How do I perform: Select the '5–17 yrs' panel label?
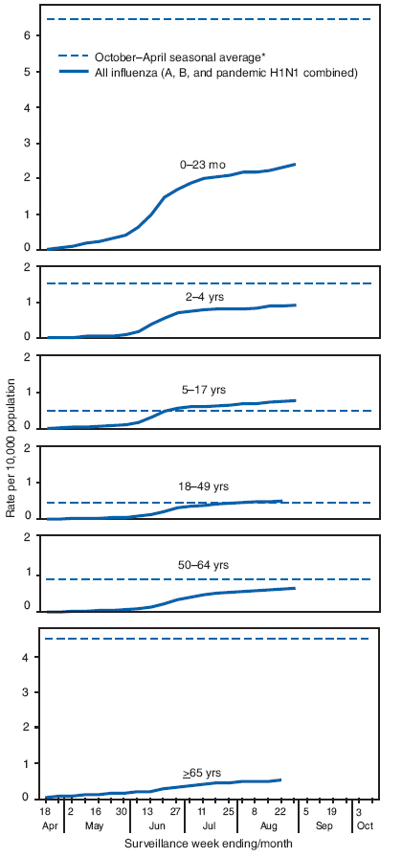pos(212,390)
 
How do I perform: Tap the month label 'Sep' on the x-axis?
pos(325,823)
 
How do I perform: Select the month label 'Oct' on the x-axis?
pos(365,823)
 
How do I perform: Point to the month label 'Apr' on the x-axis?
pos(46,823)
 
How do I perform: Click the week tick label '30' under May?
pos(123,810)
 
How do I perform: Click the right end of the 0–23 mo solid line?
pos(294,165)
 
